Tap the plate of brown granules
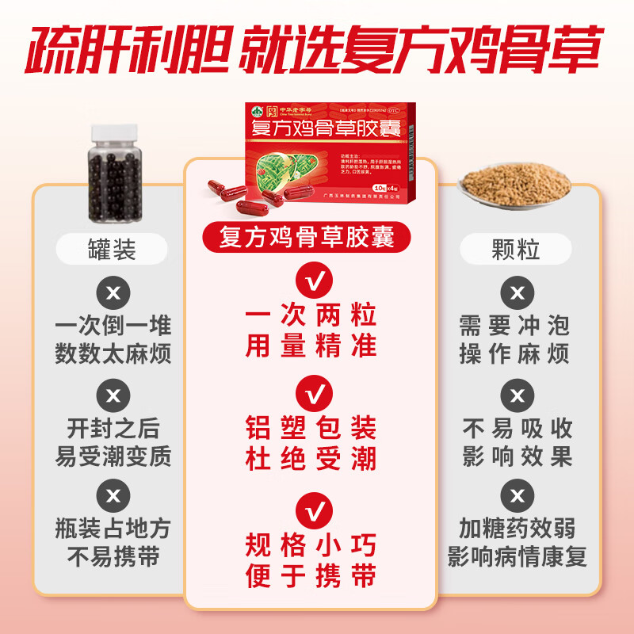(x=516, y=185)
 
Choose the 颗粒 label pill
(x=517, y=250)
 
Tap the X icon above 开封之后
(x=113, y=395)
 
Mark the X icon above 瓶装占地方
(x=113, y=495)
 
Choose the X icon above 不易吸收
(x=517, y=395)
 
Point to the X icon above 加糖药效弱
(x=517, y=495)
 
